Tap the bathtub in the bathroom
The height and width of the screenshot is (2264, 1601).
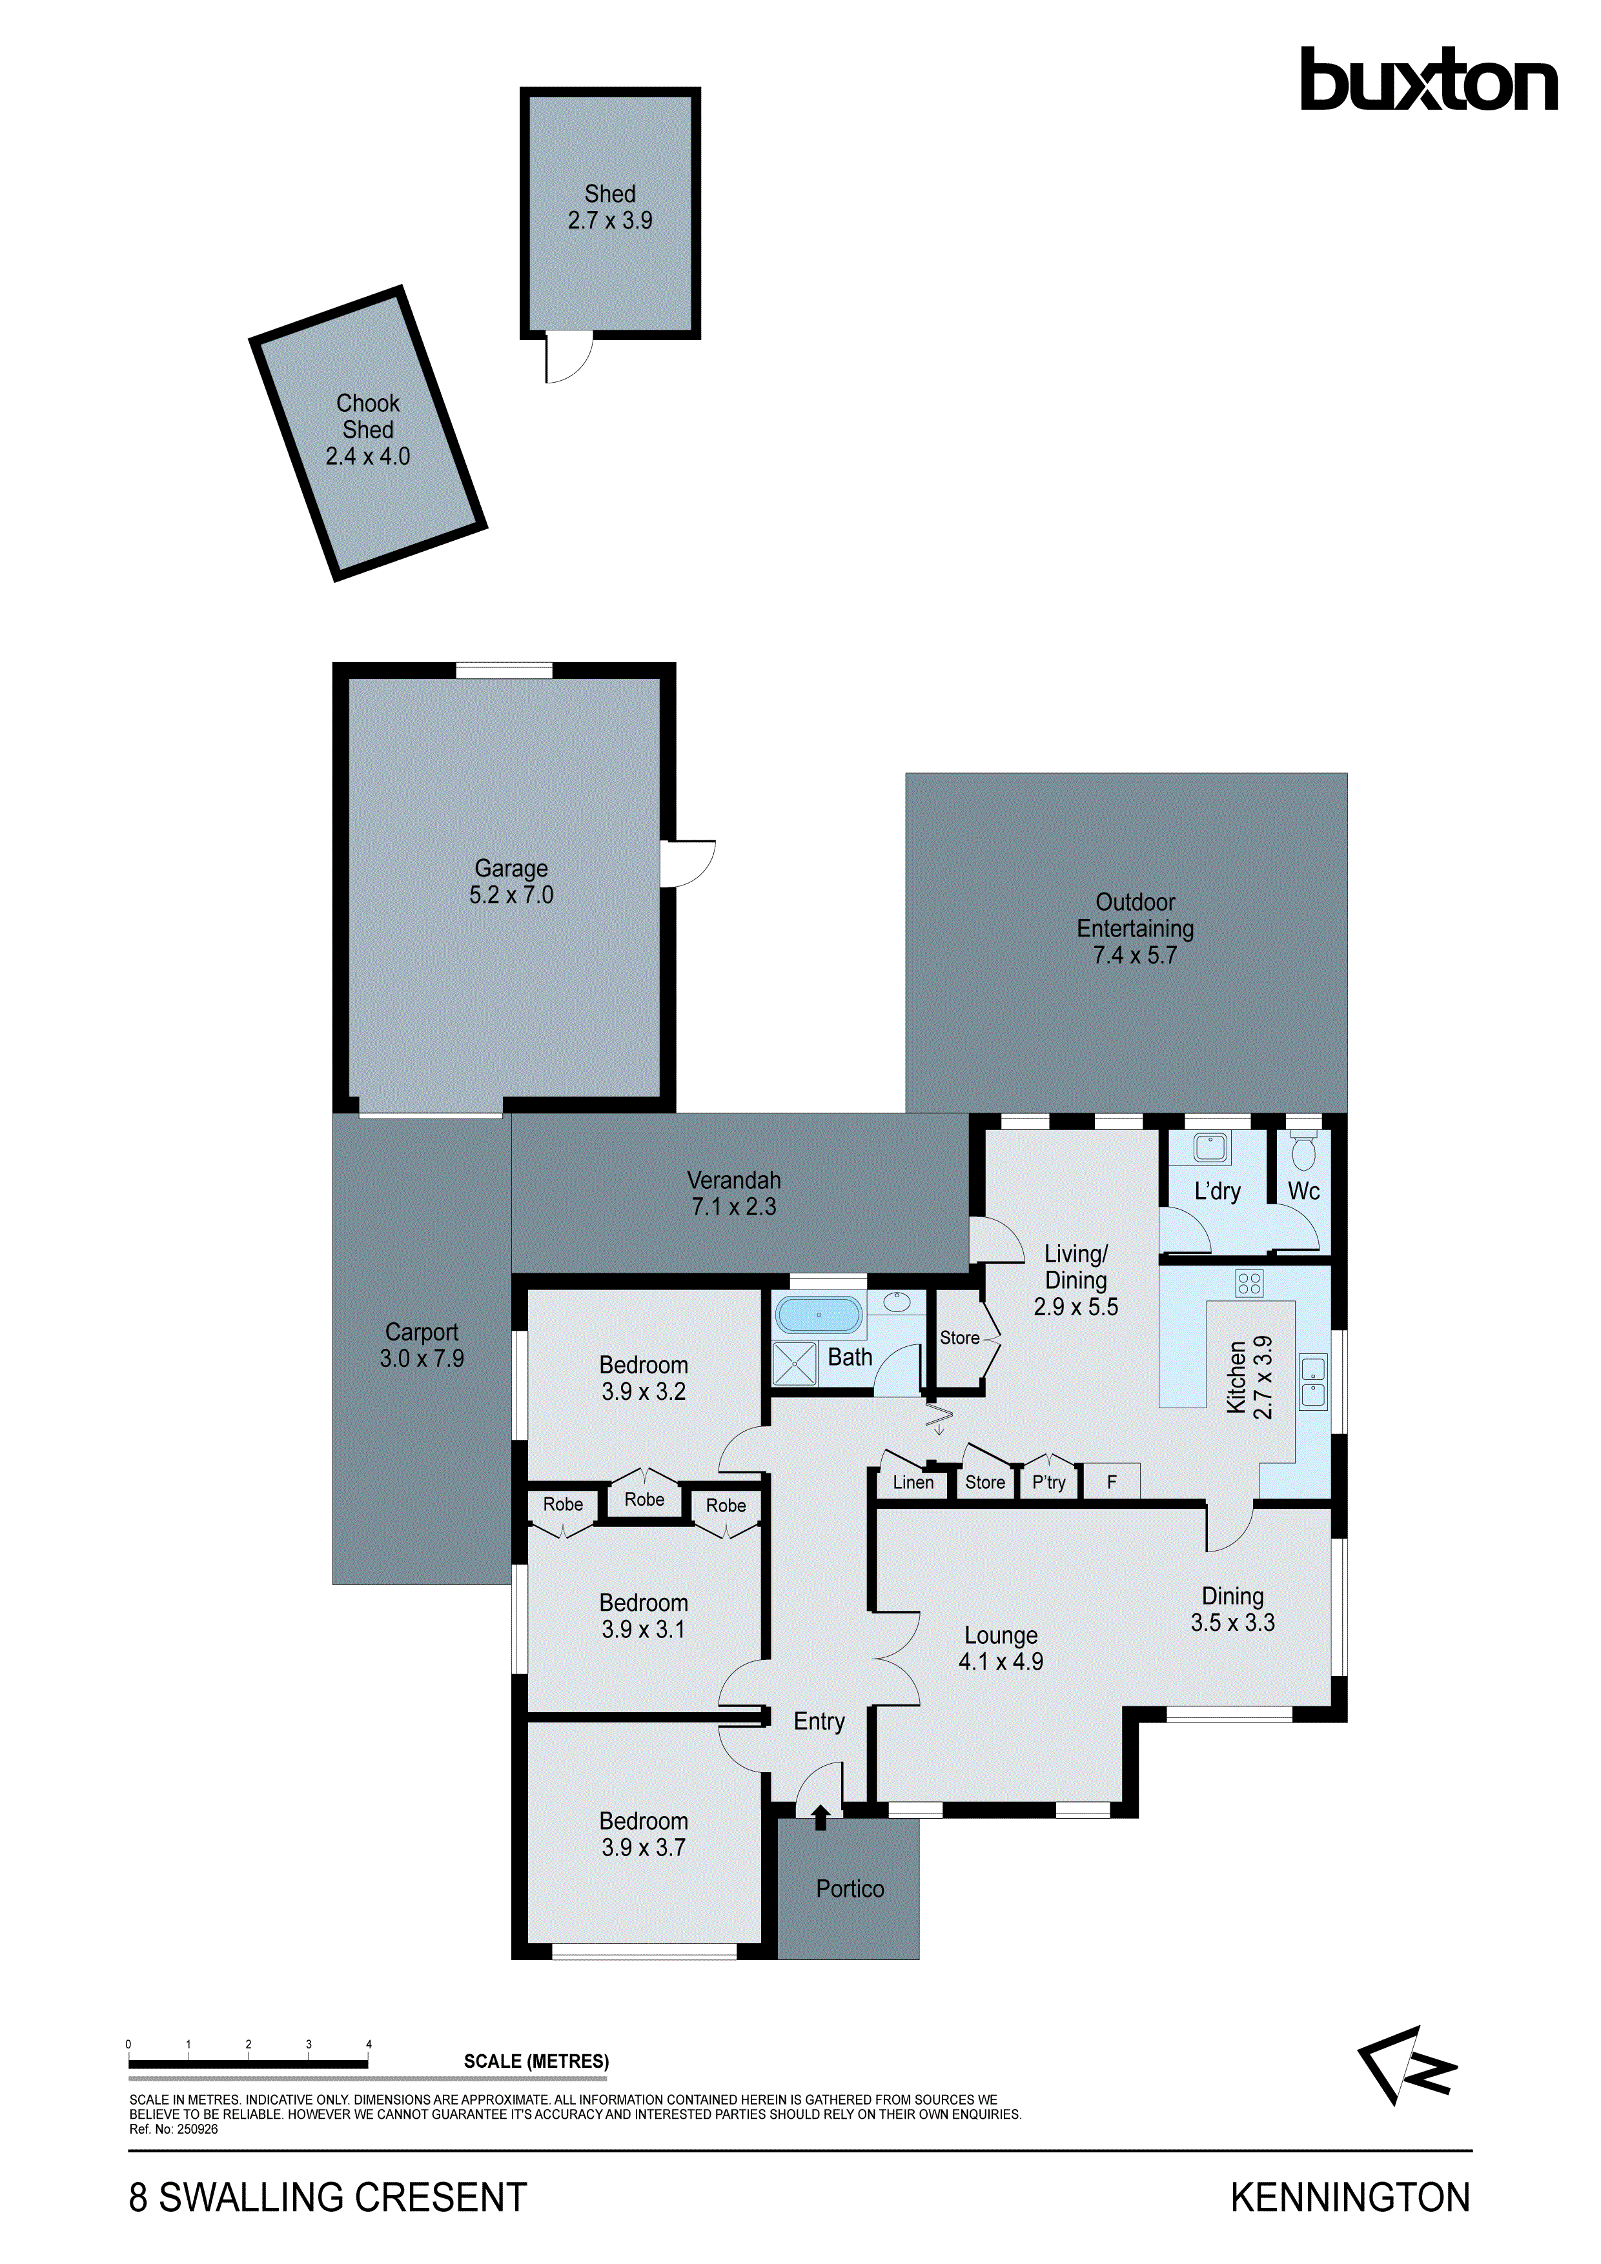[818, 1315]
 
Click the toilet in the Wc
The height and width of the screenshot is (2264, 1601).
[1303, 1152]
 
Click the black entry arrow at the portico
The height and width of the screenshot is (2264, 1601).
[821, 1816]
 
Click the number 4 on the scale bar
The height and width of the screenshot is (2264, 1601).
[369, 2044]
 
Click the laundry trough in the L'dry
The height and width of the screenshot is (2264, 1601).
[1210, 1147]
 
